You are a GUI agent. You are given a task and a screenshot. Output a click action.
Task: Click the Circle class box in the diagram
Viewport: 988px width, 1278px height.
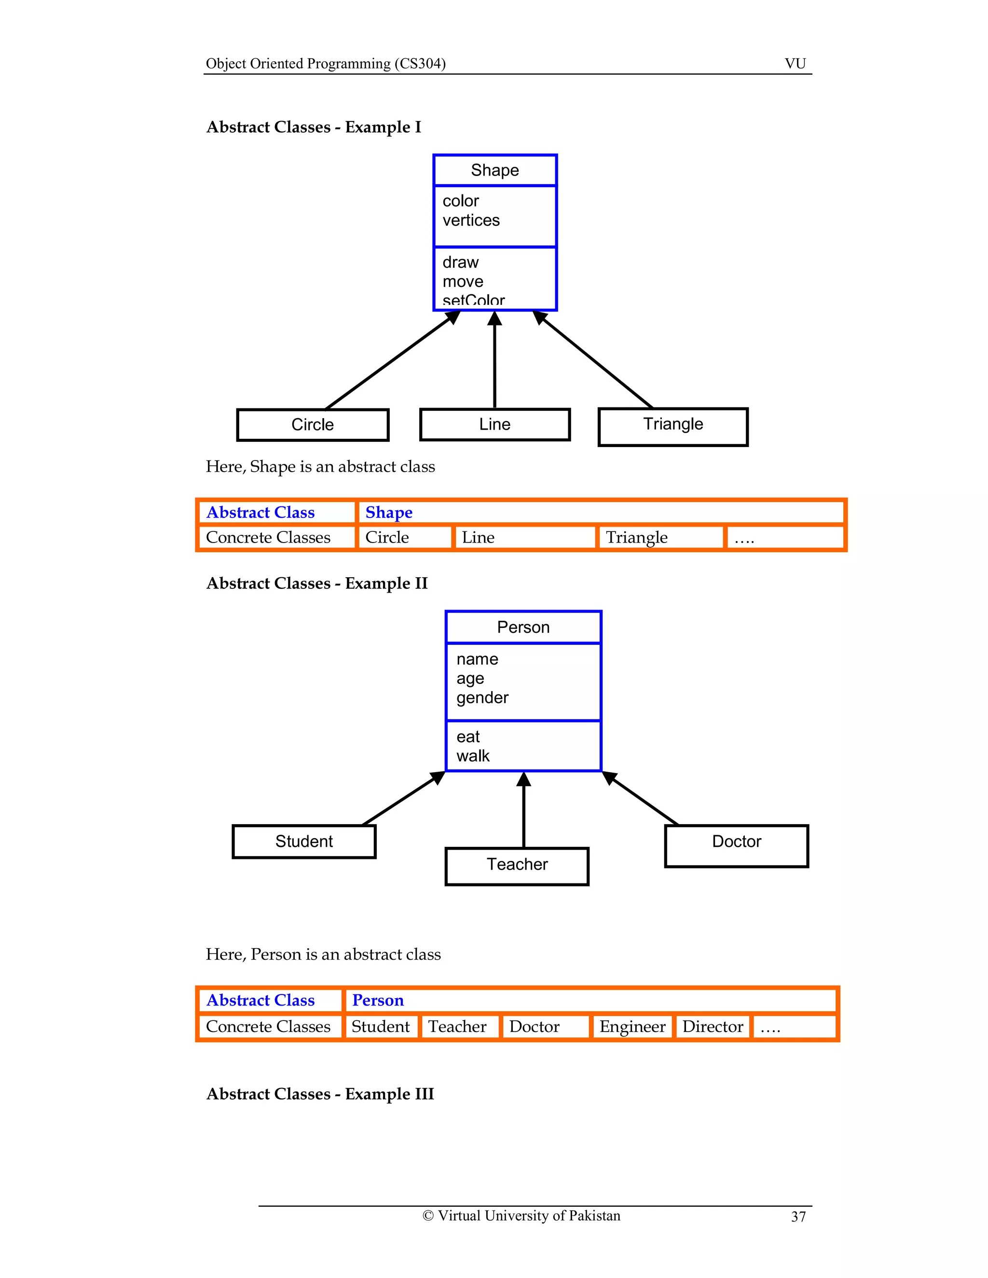(x=313, y=425)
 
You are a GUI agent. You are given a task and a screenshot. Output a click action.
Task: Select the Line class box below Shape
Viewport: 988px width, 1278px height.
(x=494, y=424)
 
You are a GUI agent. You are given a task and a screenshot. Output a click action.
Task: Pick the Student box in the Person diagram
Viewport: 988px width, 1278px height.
(x=304, y=842)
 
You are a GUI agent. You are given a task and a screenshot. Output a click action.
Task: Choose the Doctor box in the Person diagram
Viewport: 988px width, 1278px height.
(x=736, y=845)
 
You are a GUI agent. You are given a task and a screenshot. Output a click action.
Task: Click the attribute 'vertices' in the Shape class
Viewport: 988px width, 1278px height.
(x=471, y=220)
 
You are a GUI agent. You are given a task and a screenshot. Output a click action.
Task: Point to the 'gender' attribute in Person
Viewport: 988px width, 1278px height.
(x=482, y=697)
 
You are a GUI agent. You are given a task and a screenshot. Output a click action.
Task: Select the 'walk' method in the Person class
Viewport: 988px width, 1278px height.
(x=473, y=756)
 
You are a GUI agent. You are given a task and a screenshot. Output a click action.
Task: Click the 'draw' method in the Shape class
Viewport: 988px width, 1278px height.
(x=461, y=262)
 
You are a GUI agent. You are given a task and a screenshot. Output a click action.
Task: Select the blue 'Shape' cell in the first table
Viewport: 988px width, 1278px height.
(x=389, y=513)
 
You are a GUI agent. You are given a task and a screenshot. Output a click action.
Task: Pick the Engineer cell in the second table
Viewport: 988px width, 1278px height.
(x=632, y=1027)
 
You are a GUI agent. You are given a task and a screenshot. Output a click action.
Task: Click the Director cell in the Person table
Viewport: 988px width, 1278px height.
(x=713, y=1027)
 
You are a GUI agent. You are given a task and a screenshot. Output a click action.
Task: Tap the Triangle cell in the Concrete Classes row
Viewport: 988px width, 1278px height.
(x=636, y=538)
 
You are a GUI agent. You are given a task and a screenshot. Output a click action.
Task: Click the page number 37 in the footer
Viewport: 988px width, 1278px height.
(x=798, y=1217)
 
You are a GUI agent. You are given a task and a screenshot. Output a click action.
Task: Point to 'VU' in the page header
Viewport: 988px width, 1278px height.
(x=795, y=64)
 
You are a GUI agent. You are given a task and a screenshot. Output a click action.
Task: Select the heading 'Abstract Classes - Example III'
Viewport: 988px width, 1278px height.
(x=320, y=1094)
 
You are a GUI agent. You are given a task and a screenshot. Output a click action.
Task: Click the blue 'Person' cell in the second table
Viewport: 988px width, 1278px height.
(x=378, y=1001)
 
